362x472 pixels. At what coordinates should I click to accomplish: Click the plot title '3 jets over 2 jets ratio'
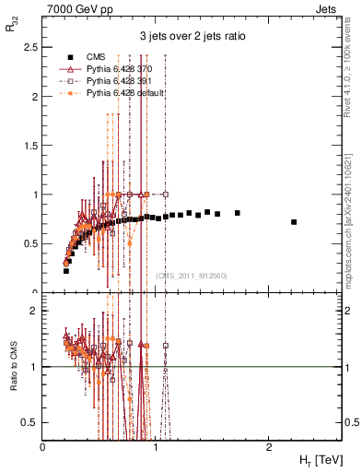(192, 37)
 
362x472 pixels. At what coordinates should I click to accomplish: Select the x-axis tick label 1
(155, 446)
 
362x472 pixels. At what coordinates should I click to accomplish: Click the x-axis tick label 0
(43, 446)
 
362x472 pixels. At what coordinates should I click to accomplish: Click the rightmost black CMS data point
(294, 222)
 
